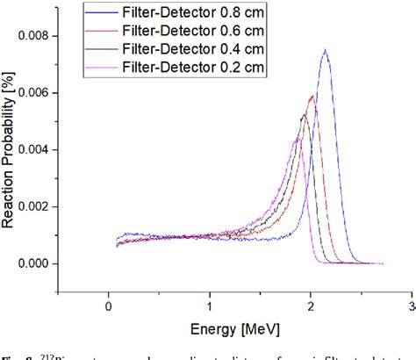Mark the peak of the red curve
click(x=312, y=96)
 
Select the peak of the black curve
click(x=304, y=114)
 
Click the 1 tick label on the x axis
click(x=209, y=306)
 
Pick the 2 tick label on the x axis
click(x=311, y=306)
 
